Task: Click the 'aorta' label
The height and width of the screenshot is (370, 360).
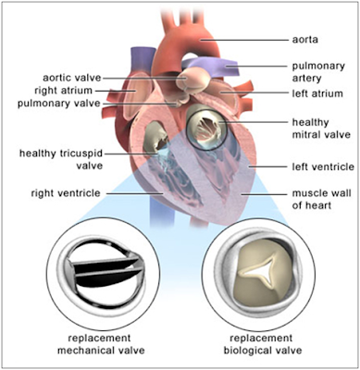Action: pyautogui.click(x=304, y=40)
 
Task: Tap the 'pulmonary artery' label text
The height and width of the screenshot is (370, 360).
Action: pyautogui.click(x=318, y=72)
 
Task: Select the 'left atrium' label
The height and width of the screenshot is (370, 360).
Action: pyautogui.click(x=317, y=93)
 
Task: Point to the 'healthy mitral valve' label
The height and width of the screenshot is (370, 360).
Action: pyautogui.click(x=321, y=129)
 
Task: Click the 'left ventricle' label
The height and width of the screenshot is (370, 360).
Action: pyautogui.click(x=323, y=166)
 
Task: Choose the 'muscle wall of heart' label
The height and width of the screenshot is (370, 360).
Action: pyautogui.click(x=321, y=199)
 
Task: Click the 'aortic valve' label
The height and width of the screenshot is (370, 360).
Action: pyautogui.click(x=72, y=78)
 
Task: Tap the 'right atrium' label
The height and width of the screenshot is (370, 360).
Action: pyautogui.click(x=63, y=91)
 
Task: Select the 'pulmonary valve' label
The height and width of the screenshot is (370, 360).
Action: pyautogui.click(x=59, y=104)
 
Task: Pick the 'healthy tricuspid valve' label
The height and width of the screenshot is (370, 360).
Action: pyautogui.click(x=61, y=159)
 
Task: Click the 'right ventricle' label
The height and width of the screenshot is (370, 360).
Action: pyautogui.click(x=66, y=193)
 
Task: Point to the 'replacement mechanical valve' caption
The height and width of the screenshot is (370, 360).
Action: pyautogui.click(x=101, y=344)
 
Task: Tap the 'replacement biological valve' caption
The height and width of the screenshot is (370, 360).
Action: pyautogui.click(x=262, y=344)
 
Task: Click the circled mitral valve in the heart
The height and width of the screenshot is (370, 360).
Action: pyautogui.click(x=206, y=127)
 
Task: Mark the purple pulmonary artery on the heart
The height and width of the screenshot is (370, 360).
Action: pyautogui.click(x=213, y=67)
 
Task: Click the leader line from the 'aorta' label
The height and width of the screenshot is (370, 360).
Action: pyautogui.click(x=244, y=40)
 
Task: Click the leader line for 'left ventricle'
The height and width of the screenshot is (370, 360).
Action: pyautogui.click(x=269, y=166)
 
